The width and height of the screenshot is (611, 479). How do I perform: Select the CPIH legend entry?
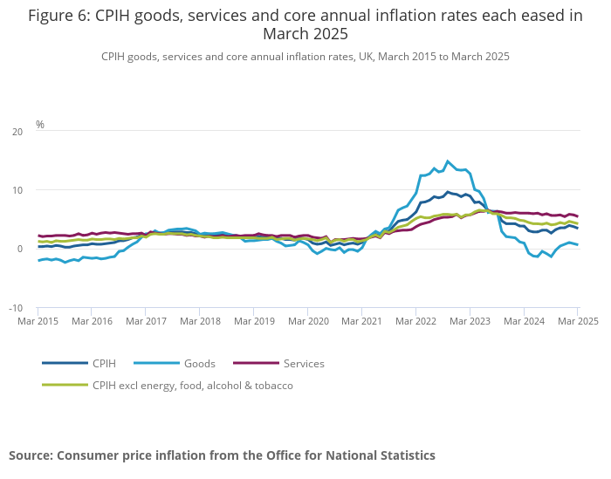click(x=104, y=363)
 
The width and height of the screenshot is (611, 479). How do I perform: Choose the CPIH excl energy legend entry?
click(x=192, y=385)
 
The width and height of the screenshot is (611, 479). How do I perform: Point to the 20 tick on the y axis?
click(x=18, y=132)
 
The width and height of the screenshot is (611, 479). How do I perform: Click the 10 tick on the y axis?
click(x=18, y=190)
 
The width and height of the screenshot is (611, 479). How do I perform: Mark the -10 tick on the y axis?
click(x=17, y=308)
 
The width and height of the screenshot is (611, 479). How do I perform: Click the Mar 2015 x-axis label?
click(x=38, y=321)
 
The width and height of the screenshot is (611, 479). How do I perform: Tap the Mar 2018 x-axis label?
click(x=200, y=321)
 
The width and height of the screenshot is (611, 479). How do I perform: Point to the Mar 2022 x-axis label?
click(x=415, y=321)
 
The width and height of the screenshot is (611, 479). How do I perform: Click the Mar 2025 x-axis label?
click(x=576, y=321)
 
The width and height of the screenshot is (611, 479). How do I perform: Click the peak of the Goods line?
click(x=448, y=161)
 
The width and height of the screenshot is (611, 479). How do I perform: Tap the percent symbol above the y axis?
click(x=40, y=125)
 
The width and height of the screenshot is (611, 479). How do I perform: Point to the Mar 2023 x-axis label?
click(x=470, y=321)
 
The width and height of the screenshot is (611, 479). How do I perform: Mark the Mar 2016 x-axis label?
click(x=92, y=321)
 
